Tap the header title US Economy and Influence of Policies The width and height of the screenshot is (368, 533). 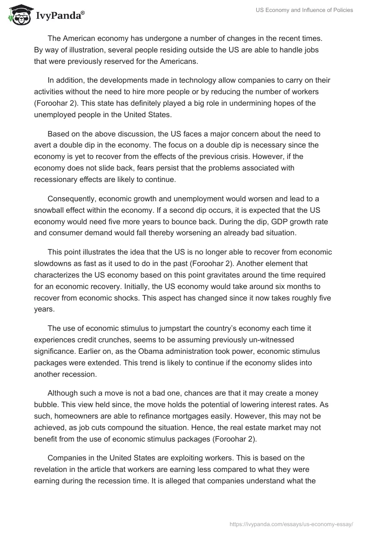pos(304,10)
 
